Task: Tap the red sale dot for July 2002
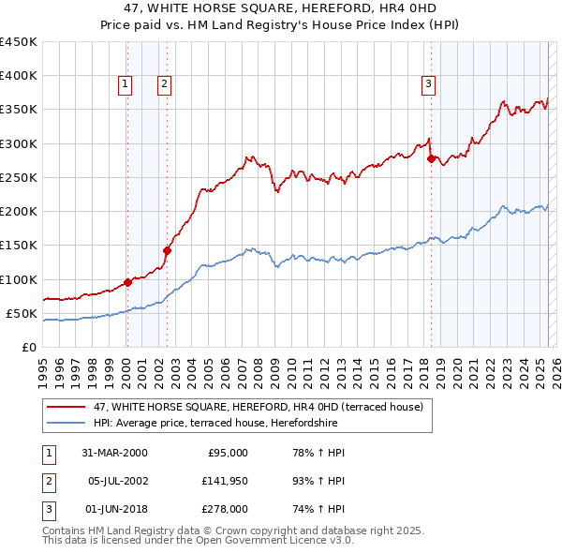pyautogui.click(x=167, y=250)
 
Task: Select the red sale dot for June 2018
pyautogui.click(x=431, y=158)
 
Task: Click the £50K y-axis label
pyautogui.click(x=22, y=313)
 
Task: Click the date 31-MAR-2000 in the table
pyautogui.click(x=114, y=453)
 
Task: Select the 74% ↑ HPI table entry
pyautogui.click(x=319, y=509)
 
